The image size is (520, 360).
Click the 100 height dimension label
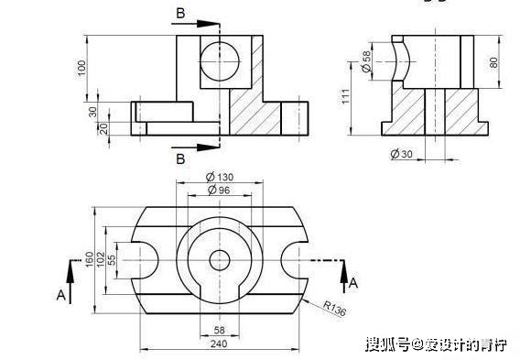click(81, 69)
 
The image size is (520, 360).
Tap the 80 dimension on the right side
click(493, 63)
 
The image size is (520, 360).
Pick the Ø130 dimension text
click(219, 176)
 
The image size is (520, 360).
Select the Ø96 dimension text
click(219, 190)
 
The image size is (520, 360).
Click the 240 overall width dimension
click(219, 344)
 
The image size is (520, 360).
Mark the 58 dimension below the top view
click(219, 330)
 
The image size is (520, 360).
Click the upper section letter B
click(181, 13)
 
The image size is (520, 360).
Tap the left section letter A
click(61, 295)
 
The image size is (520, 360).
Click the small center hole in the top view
click(219, 260)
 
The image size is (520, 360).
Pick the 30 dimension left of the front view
click(92, 111)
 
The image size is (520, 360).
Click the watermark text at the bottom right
click(435, 344)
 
